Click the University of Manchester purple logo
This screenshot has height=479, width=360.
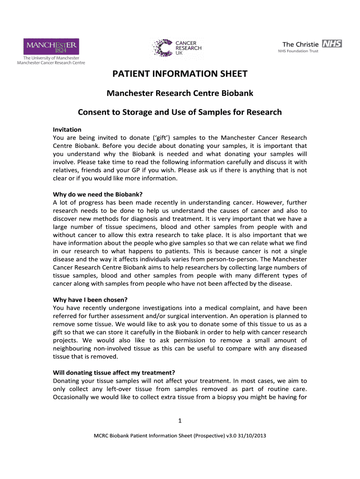(51, 46)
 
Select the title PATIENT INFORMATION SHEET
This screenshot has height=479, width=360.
(180, 74)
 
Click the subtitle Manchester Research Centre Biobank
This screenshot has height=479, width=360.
(180, 93)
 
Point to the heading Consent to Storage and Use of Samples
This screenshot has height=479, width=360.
(180, 112)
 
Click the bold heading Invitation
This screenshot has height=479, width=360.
(67, 130)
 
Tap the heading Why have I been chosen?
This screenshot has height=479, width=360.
(90, 300)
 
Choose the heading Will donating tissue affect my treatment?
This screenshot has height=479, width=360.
(114, 373)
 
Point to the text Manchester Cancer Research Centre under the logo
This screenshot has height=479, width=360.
(51, 62)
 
